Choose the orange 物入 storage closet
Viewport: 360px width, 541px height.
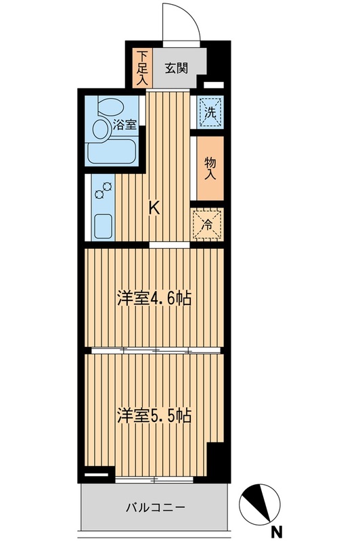[x=210, y=168]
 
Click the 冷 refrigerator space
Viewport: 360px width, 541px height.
[x=208, y=225]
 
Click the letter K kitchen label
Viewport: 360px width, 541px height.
[x=154, y=209]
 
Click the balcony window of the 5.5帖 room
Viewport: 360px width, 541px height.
[x=154, y=479]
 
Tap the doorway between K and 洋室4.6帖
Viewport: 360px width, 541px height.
[x=168, y=244]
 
